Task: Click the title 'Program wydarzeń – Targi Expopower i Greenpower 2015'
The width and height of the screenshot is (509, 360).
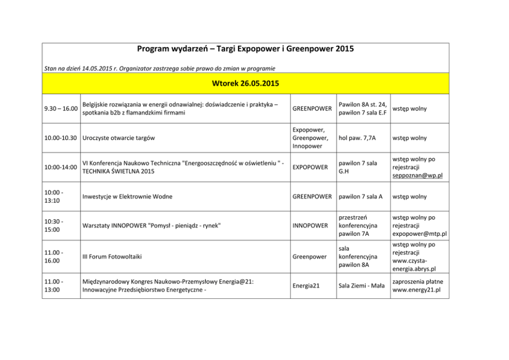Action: pos(245,50)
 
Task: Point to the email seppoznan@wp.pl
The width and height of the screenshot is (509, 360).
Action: pos(417,176)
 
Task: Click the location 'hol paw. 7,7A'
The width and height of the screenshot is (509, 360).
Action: pos(357,138)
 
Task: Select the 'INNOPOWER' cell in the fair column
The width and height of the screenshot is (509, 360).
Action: pos(310,225)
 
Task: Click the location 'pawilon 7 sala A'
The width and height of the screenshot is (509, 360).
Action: pos(361,197)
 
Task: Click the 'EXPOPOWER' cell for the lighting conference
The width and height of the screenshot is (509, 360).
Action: pos(310,167)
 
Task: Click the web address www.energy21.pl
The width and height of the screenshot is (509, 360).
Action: pos(417,290)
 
